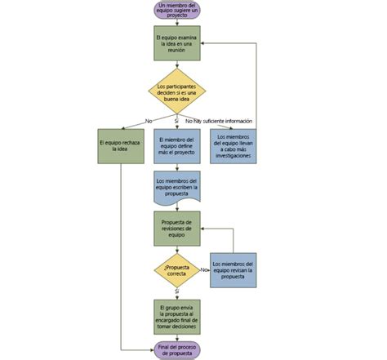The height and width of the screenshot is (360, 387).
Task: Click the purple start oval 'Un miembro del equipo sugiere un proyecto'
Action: tap(176, 10)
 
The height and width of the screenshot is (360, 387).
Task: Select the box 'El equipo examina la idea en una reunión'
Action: tap(176, 43)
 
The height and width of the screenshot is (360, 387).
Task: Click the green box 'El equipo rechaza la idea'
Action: tap(121, 146)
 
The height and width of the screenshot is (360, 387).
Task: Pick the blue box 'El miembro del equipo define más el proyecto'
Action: tap(176, 146)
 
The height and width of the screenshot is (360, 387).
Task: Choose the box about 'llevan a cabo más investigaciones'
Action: tap(234, 146)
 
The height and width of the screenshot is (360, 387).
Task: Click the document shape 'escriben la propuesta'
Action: tap(176, 187)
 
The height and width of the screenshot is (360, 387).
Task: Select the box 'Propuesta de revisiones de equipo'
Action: tap(176, 229)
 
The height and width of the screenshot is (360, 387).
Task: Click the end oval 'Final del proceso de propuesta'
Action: tap(176, 349)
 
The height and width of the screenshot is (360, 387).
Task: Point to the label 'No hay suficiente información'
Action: tap(219, 122)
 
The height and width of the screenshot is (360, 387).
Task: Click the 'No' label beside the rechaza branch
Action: tap(149, 122)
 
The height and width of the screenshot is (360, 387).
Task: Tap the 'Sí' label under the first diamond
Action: tap(176, 122)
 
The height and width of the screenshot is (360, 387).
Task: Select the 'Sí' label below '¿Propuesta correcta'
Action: tap(176, 291)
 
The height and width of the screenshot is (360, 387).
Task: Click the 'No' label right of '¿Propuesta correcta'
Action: tap(203, 269)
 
